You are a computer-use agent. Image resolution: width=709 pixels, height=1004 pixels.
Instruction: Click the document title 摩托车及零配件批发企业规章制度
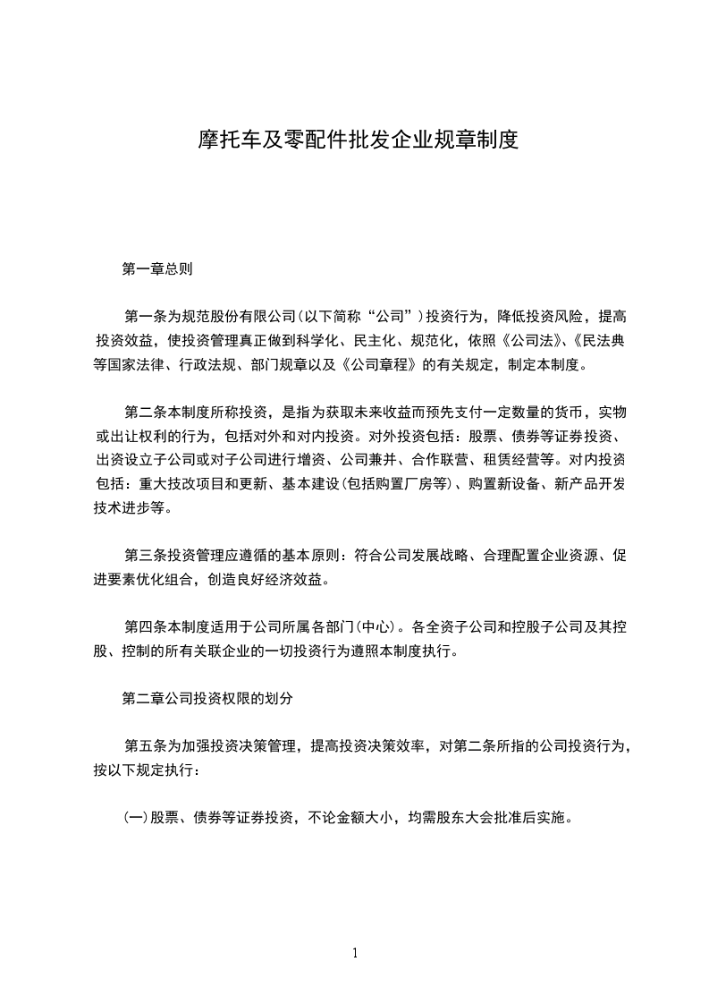point(358,140)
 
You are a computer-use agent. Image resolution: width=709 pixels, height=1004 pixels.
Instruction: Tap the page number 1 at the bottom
point(355,953)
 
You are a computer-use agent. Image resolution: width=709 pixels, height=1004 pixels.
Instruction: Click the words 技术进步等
point(129,508)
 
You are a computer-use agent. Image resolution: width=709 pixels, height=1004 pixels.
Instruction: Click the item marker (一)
point(135,818)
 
